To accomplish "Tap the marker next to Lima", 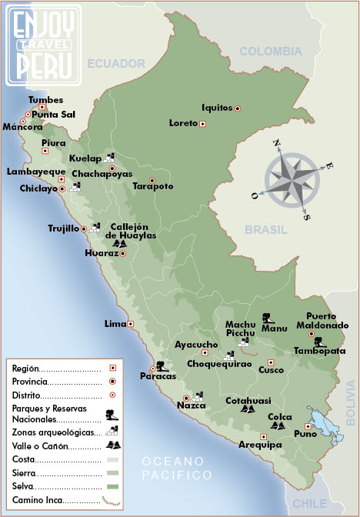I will tap(131, 324).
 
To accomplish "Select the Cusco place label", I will tap(271, 370).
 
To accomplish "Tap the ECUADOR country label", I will tap(115, 63).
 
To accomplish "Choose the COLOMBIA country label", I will tap(270, 52).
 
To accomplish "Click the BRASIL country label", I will tap(265, 229).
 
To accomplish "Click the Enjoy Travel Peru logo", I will tap(44, 44).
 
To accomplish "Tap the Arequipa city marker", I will tap(264, 437).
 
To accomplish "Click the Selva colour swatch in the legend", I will tap(112, 486).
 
